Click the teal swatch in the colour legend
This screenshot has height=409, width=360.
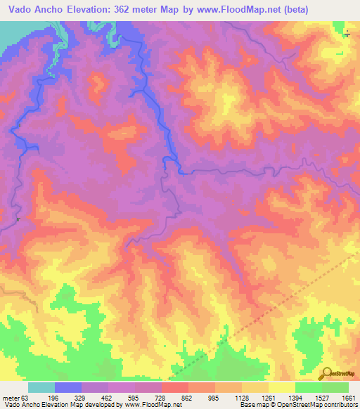(41, 388)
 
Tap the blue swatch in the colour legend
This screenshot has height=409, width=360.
(68, 388)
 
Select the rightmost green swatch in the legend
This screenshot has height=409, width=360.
(335, 388)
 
